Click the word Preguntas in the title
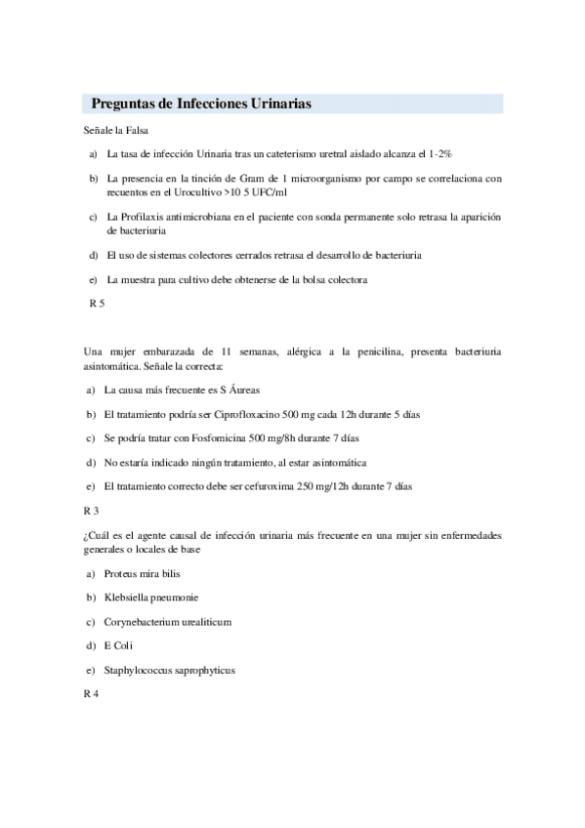point(125,103)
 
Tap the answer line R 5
point(96,304)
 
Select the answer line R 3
point(92,510)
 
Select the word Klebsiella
point(129,597)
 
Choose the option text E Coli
point(118,645)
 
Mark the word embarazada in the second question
point(170,352)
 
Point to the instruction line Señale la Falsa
point(116,130)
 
